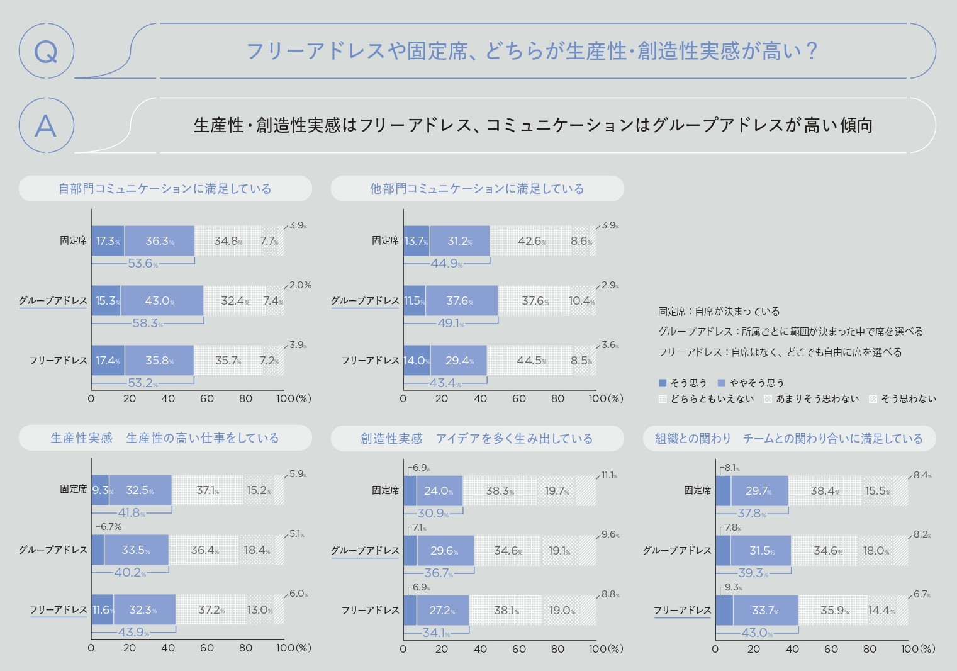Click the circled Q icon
point(46,51)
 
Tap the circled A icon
point(46,125)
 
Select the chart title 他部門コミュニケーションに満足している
point(477,188)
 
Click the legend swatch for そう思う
point(662,383)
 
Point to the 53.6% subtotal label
point(143,263)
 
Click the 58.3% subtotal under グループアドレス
point(147,323)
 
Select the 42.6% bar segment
point(531,241)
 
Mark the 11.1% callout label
point(608,475)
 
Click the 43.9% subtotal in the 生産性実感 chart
point(132,633)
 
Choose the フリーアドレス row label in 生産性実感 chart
point(58,609)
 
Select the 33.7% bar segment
point(765,611)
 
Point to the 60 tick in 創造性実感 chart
point(519,648)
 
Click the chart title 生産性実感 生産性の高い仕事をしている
point(165,438)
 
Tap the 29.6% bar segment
point(444,551)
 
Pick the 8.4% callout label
point(921,475)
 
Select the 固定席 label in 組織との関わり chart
point(697,490)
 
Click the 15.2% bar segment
point(258,490)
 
